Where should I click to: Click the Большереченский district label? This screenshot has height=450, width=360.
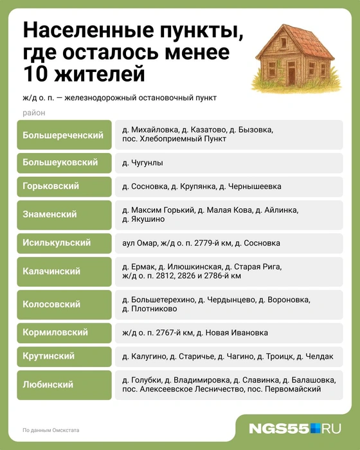[63, 135]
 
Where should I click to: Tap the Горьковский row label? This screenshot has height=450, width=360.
[51, 186]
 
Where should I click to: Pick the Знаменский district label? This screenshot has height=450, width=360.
[50, 214]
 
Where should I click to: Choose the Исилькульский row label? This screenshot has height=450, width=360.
[57, 243]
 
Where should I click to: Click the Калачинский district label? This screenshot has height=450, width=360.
[51, 271]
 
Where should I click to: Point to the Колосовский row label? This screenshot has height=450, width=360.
[51, 304]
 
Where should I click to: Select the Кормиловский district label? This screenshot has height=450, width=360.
[55, 333]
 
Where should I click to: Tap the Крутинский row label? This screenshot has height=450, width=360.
[49, 356]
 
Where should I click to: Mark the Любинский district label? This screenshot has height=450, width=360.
[48, 384]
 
